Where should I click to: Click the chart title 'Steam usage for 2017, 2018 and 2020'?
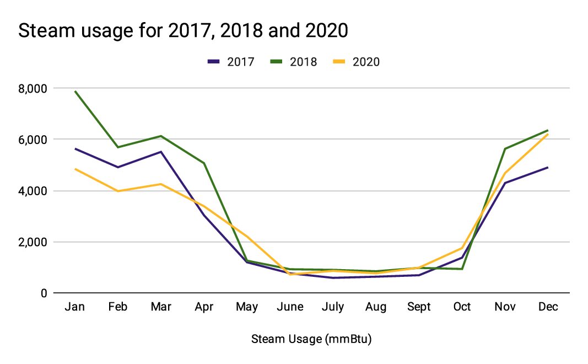point(184,31)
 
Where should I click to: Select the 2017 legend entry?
point(231,62)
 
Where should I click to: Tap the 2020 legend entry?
point(357,62)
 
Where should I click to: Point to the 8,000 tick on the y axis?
point(33,88)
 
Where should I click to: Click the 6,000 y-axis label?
point(33,140)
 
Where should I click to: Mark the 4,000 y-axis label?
point(33,191)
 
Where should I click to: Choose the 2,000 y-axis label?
point(33,242)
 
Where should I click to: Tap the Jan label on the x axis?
point(74,307)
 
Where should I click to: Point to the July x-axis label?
point(333,307)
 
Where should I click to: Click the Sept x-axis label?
point(419,307)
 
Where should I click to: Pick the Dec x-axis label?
point(548,307)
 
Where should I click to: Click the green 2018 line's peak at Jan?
point(74,92)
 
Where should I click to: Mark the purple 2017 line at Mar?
point(160,152)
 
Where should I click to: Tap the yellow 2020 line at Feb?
point(117,191)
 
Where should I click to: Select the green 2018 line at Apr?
point(203,163)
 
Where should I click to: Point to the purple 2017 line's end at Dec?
point(548,167)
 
